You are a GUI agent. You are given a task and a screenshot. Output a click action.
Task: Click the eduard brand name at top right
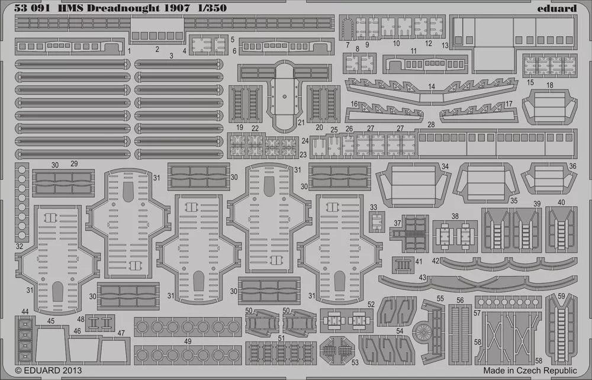coord(558,8)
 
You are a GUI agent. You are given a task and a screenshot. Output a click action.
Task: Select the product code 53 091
coord(30,8)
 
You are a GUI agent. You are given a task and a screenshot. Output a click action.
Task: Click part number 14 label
coord(432,86)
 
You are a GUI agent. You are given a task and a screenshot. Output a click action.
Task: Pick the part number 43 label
coord(422,277)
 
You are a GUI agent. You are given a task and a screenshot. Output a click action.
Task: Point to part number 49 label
coord(188,341)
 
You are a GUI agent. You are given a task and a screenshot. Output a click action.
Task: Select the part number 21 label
coord(301,122)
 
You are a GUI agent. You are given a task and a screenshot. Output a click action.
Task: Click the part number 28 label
coord(430,124)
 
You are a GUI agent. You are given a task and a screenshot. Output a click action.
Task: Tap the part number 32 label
coord(19,246)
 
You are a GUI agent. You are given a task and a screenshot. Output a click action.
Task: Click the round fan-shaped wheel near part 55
coord(422,332)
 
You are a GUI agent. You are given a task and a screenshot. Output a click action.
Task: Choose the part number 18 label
coord(550,85)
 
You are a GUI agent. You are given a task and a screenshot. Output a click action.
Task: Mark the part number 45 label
coord(51,321)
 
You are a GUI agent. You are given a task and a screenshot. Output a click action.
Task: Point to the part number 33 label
coord(374,207)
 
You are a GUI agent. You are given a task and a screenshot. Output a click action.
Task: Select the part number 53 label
coord(355,362)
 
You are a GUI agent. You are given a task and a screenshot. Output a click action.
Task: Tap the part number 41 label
coord(419,262)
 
